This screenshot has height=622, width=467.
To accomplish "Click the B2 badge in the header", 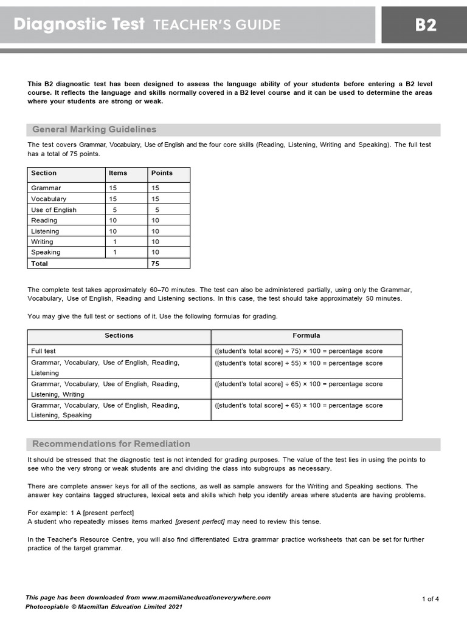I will [x=425, y=25].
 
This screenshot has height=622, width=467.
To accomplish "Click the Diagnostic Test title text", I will [x=79, y=24].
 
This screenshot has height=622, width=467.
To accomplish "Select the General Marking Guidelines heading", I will [x=94, y=129].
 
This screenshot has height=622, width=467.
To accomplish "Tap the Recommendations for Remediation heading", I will [x=111, y=444].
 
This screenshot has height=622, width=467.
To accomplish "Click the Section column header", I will [x=44, y=173].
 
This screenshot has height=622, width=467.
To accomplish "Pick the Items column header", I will [x=118, y=173].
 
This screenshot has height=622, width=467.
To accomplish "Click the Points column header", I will [x=162, y=173].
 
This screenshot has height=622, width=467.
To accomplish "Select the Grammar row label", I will [x=46, y=188].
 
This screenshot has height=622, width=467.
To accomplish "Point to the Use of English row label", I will [x=54, y=210].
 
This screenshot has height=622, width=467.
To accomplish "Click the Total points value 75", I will [x=156, y=264].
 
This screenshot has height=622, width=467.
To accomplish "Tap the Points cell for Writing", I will [x=156, y=242].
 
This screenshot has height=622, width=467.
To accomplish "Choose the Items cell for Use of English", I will [x=114, y=210].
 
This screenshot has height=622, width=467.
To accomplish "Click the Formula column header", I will [x=306, y=335].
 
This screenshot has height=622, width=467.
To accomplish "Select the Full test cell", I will [x=43, y=351].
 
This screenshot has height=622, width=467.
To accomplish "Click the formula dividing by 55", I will [x=299, y=363].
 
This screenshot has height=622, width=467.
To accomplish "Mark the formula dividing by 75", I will [x=299, y=351].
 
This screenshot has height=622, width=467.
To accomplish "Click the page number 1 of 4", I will [x=430, y=599].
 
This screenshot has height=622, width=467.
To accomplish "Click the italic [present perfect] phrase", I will [x=200, y=522].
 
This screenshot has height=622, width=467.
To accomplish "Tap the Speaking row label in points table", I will [x=46, y=252].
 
